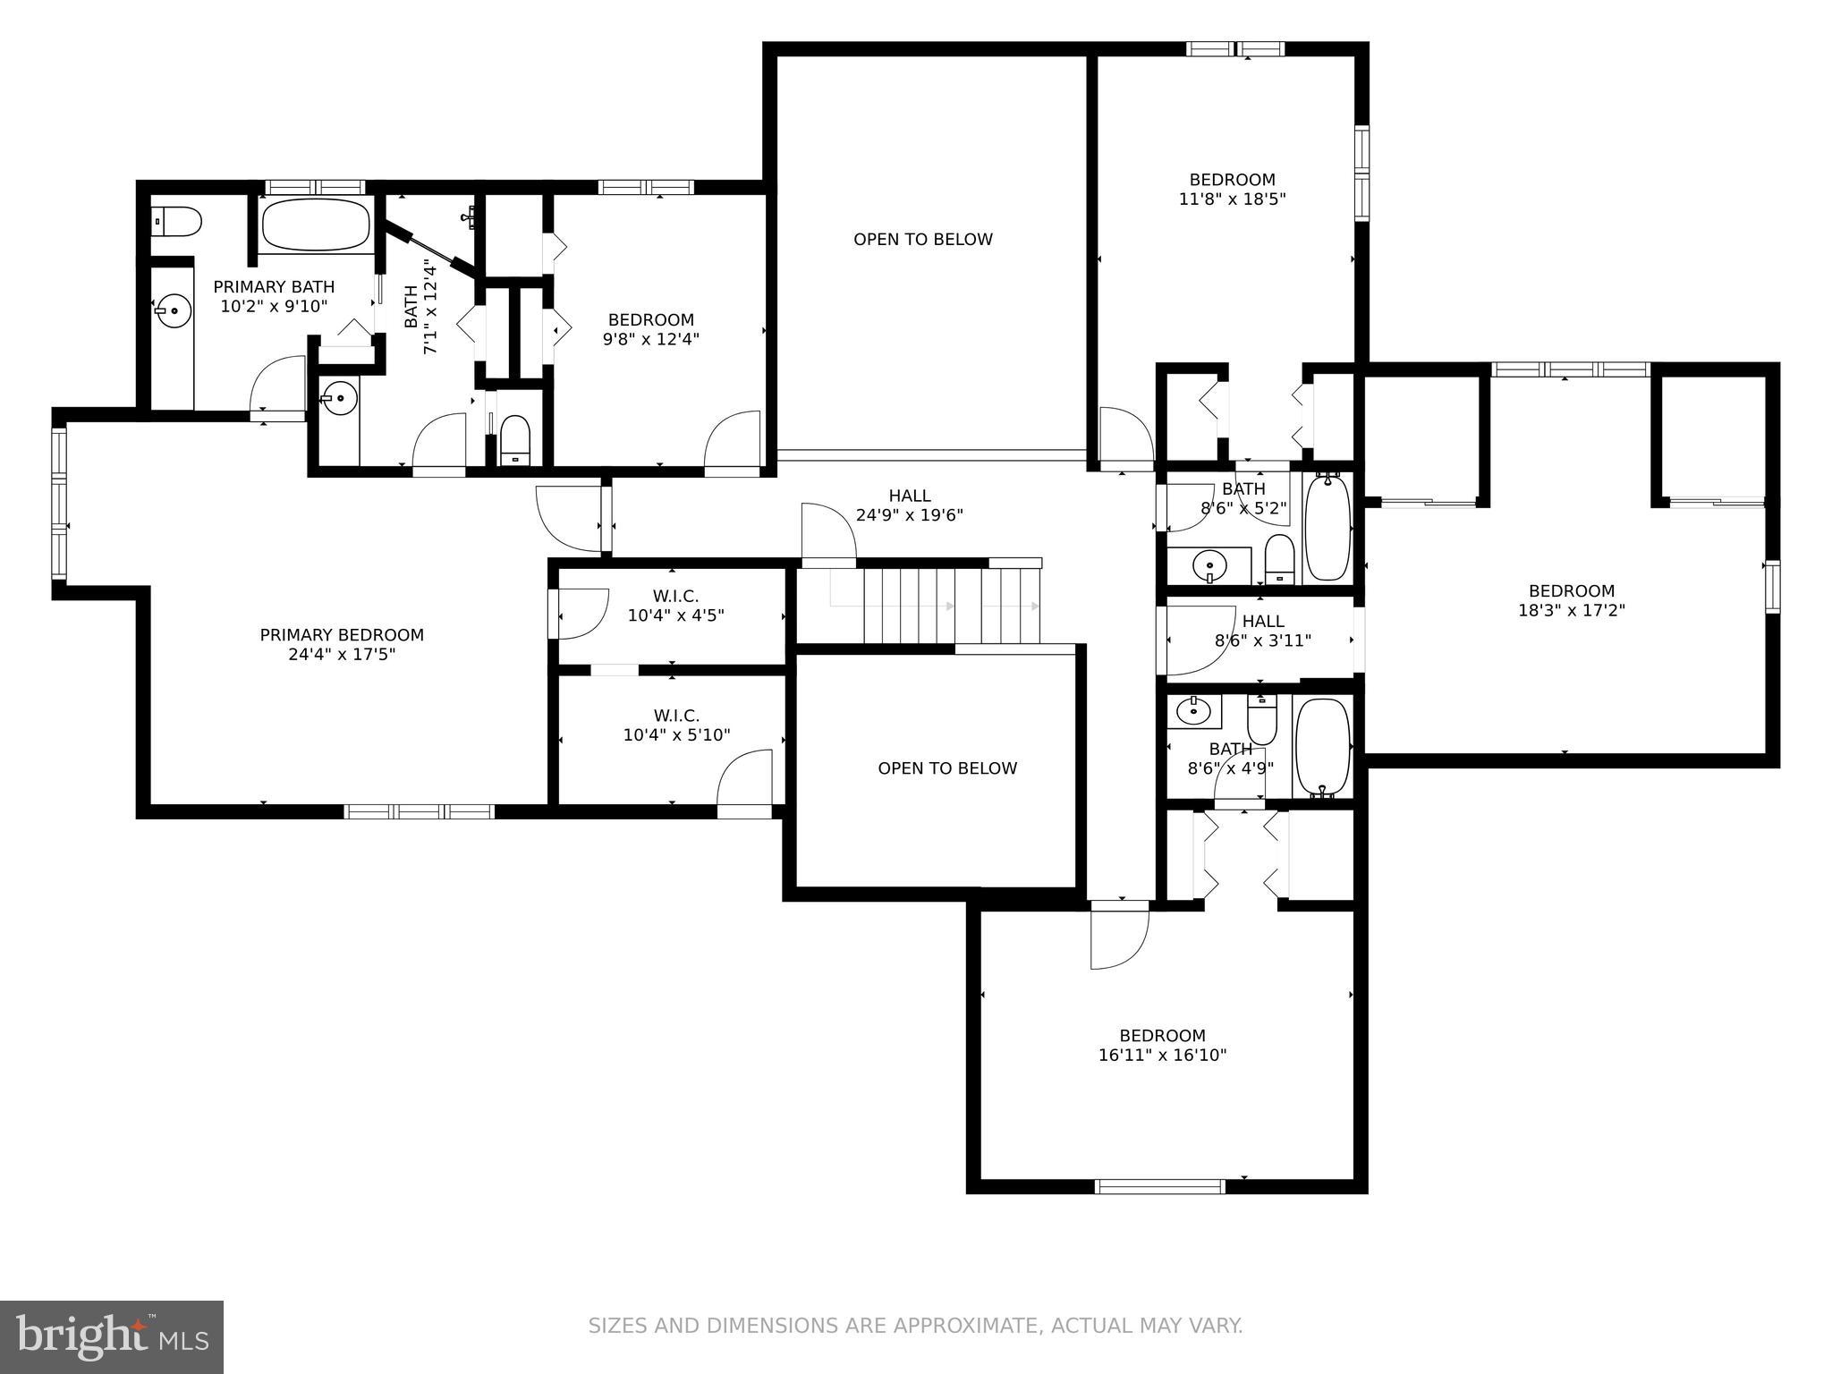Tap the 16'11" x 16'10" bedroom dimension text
point(1162,1056)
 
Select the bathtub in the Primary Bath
point(315,224)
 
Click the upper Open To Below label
point(922,240)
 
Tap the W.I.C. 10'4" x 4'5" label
point(675,606)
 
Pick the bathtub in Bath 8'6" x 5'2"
point(1327,528)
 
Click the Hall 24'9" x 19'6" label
point(909,505)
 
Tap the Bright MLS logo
point(112,1336)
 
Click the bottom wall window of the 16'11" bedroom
point(1159,1186)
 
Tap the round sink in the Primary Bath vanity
point(173,312)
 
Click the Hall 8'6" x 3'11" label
point(1262,631)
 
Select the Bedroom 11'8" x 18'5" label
point(1232,189)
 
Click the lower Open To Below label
point(947,768)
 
